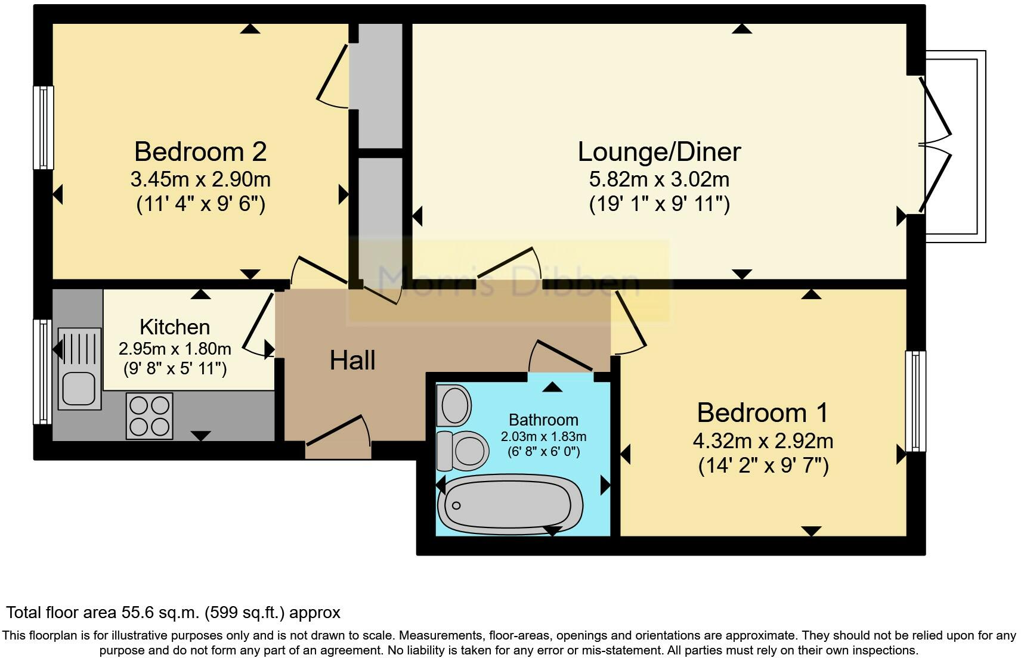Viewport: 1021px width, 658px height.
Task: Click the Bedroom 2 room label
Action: pyautogui.click(x=200, y=151)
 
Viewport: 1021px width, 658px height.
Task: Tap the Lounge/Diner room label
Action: pyautogui.click(x=659, y=151)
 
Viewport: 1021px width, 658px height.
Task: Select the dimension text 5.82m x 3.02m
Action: pyautogui.click(x=659, y=179)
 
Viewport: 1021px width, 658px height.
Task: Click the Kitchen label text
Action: pyautogui.click(x=175, y=327)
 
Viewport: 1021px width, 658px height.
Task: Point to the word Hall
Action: pyautogui.click(x=352, y=361)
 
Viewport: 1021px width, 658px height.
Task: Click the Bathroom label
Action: pyautogui.click(x=543, y=420)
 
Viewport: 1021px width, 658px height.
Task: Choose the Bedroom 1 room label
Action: pyautogui.click(x=763, y=412)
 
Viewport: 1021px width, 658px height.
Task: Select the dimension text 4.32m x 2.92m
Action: pyautogui.click(x=763, y=441)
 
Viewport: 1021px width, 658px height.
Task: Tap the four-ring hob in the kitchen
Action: pyautogui.click(x=150, y=416)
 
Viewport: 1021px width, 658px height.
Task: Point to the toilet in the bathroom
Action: pyautogui.click(x=462, y=451)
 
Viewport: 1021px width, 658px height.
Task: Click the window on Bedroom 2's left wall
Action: pyautogui.click(x=43, y=128)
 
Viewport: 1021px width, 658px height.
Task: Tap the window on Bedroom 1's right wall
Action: pyautogui.click(x=915, y=401)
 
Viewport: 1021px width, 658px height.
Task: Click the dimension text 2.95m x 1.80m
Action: pyautogui.click(x=175, y=348)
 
